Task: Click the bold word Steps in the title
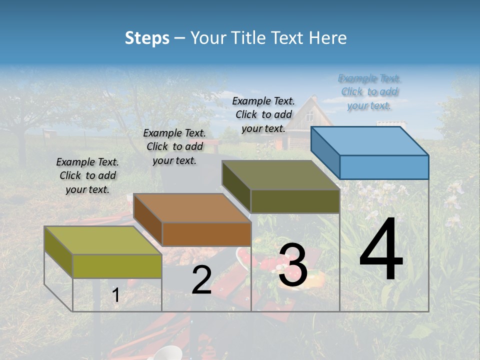point(147,38)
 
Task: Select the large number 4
point(381,250)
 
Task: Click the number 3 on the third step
point(292,265)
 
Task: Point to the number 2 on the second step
point(201,280)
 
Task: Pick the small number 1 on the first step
point(116,295)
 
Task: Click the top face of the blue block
point(370,140)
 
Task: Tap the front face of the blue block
point(384,167)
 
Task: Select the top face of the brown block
point(192,207)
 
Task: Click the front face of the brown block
point(206,234)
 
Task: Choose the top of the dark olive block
point(281,174)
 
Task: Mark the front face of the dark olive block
point(295,201)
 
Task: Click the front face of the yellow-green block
point(117,266)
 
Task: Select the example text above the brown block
point(174,146)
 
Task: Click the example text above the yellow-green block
point(87,175)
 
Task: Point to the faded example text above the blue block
point(369,91)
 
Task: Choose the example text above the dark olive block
point(263,114)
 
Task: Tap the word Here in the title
point(328,38)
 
